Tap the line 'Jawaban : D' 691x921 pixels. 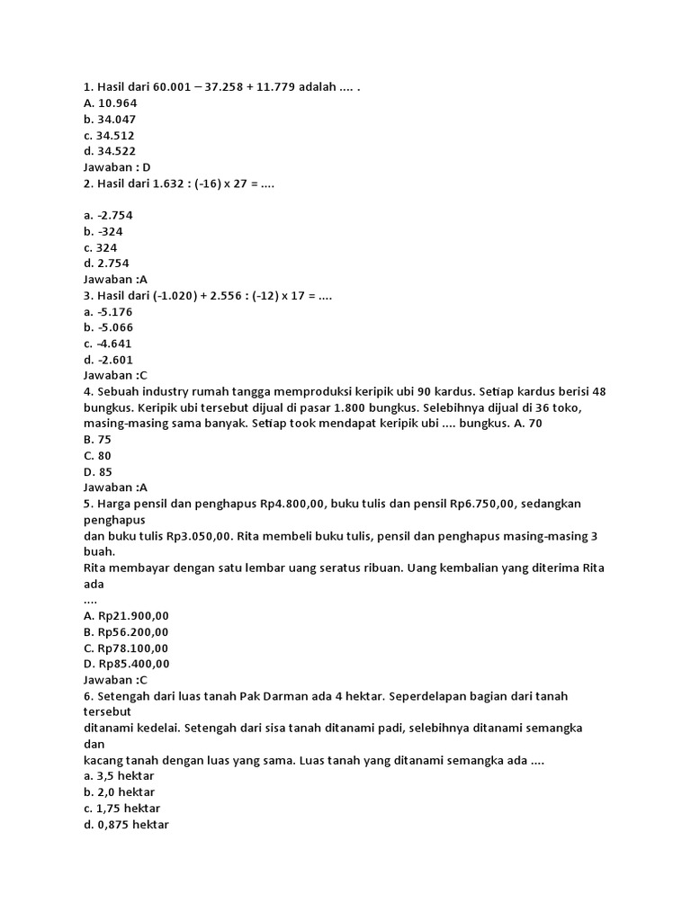(x=117, y=167)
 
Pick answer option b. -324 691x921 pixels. (x=103, y=231)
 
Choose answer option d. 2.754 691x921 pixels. (x=106, y=264)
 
